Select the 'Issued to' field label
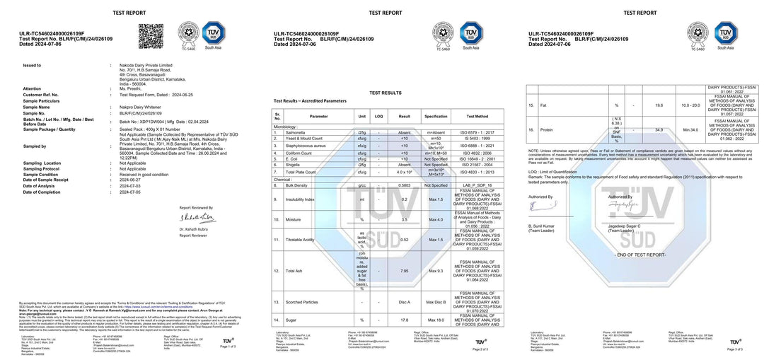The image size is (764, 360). click(32, 65)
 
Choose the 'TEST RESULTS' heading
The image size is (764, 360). click(385, 93)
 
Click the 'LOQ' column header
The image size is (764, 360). click(379, 116)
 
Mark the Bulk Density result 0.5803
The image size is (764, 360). click(405, 185)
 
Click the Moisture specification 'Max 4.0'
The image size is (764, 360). click(436, 220)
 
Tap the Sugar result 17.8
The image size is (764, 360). click(405, 320)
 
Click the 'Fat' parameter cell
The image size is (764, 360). click(543, 105)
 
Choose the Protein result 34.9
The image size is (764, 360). click(659, 130)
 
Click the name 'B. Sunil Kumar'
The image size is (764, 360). click(544, 226)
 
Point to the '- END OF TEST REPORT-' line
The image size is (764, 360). click(641, 254)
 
